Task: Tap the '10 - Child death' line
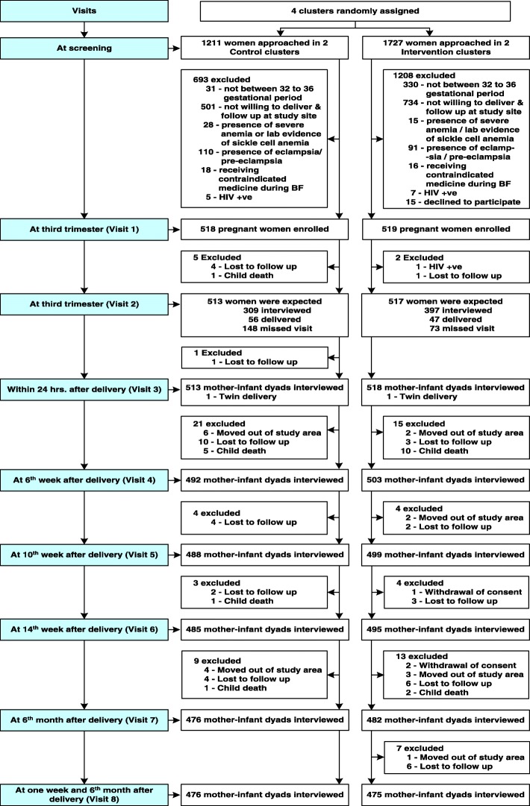pos(437,451)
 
